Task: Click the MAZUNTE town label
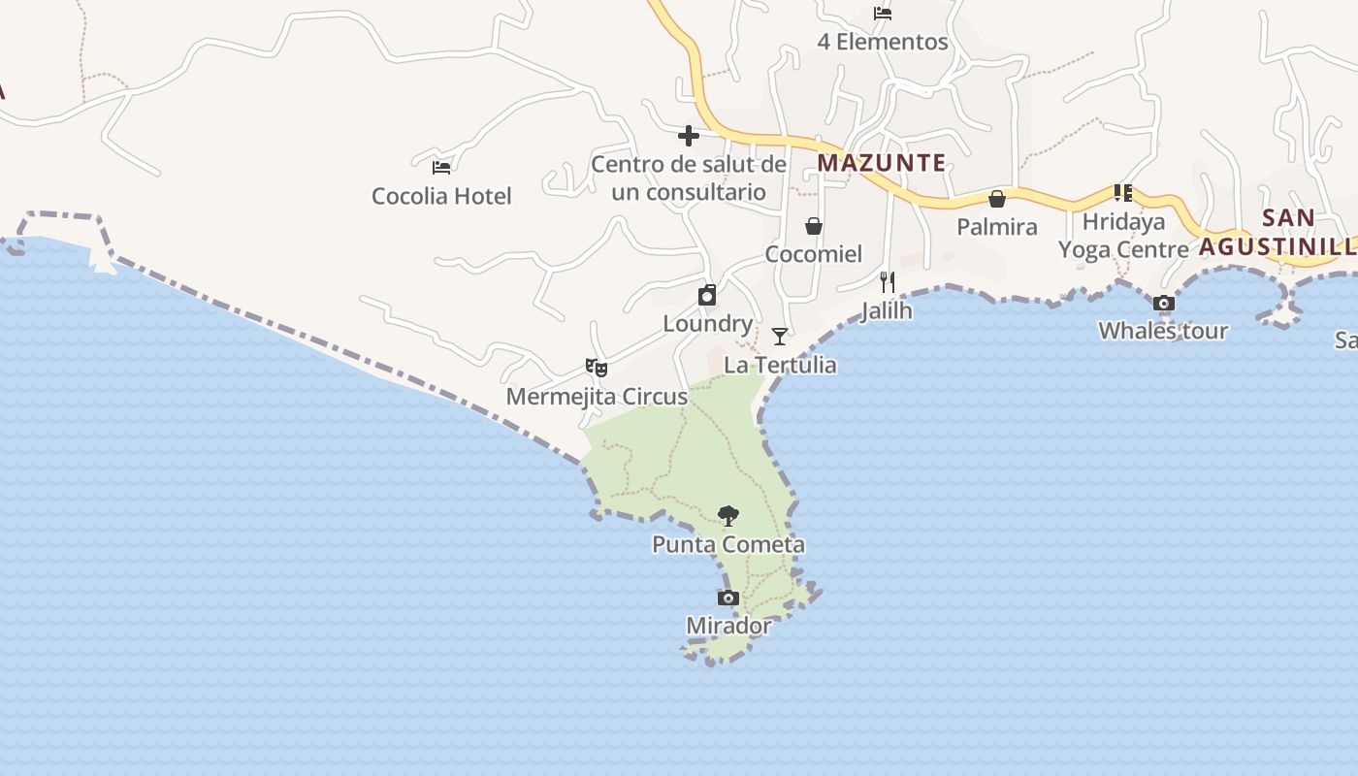(x=881, y=163)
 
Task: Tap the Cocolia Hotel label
(x=441, y=196)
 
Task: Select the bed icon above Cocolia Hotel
(x=441, y=167)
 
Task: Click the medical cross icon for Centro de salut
(x=689, y=136)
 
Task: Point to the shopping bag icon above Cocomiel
(x=814, y=226)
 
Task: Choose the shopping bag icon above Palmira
(x=996, y=199)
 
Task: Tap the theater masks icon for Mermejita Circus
(x=597, y=368)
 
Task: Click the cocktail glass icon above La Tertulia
(x=780, y=337)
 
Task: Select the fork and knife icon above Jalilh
(x=887, y=282)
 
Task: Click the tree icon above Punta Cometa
(x=728, y=515)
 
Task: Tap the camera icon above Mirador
(x=728, y=598)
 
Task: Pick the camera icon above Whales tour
(x=1164, y=303)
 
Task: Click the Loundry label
(x=708, y=324)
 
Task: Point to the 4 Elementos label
(x=883, y=42)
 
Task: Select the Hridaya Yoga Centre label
(x=1123, y=236)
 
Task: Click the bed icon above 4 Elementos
(x=883, y=14)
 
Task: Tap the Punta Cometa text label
(x=728, y=544)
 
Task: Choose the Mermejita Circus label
(x=597, y=397)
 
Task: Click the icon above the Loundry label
(x=708, y=295)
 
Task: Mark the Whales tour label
(x=1163, y=331)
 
